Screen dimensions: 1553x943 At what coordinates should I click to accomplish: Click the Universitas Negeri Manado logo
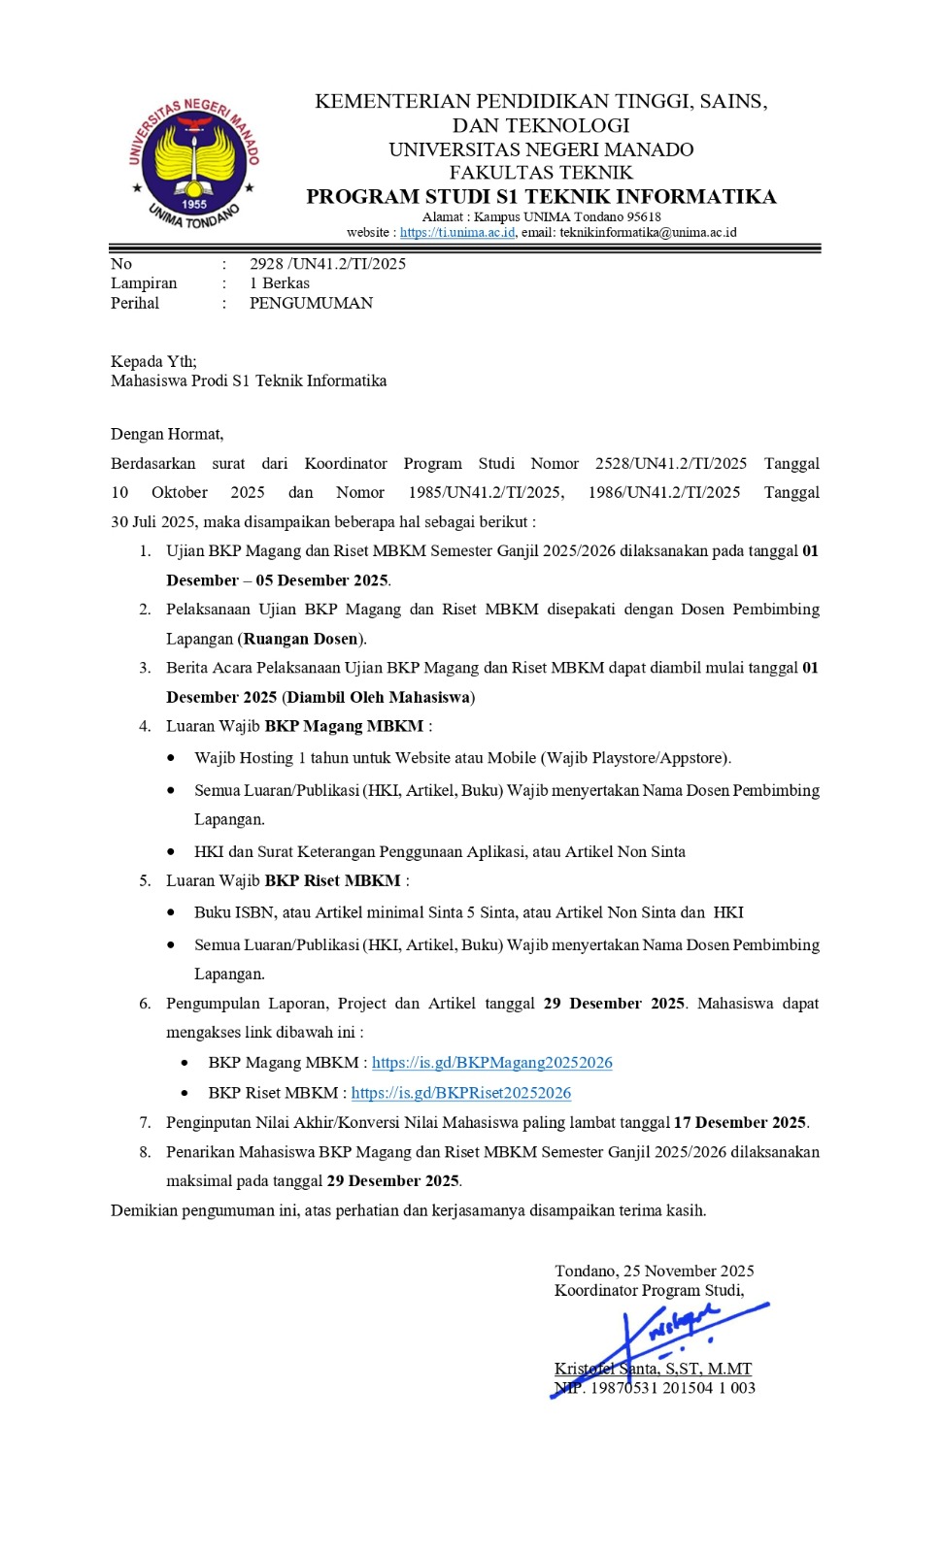tap(194, 163)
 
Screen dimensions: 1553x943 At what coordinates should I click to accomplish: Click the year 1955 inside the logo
tap(195, 205)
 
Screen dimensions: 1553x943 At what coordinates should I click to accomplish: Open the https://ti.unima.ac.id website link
tap(457, 233)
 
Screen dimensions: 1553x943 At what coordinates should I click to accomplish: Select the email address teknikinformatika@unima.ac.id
tap(648, 233)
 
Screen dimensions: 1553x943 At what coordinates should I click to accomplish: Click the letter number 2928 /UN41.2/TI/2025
tap(327, 264)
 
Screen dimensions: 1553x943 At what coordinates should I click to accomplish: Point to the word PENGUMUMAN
tap(311, 303)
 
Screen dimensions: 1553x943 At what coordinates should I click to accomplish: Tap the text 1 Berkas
tap(280, 283)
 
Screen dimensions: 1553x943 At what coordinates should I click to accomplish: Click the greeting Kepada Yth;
tap(153, 361)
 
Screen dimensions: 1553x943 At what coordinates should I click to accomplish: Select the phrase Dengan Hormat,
tap(167, 434)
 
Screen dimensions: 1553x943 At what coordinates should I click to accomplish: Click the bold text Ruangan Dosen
tap(300, 639)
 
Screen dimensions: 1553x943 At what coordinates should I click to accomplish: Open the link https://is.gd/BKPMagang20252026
tap(492, 1063)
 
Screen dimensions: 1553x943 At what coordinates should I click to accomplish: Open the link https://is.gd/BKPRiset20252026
tap(461, 1093)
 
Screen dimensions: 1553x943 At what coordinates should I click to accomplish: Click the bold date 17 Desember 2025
tap(740, 1123)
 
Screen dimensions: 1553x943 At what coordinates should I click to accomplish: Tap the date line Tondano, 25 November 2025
tap(655, 1272)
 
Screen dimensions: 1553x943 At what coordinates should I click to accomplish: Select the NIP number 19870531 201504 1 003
tap(673, 1388)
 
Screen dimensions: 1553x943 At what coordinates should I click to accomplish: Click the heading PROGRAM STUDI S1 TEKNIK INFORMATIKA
tap(541, 197)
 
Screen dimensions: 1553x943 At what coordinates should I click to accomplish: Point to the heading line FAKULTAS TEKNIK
tap(541, 173)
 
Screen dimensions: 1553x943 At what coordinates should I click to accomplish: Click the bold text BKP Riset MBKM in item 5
tap(332, 881)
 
